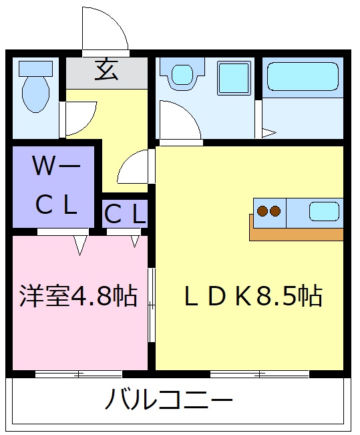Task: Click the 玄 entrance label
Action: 107,70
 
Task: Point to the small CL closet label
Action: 124,214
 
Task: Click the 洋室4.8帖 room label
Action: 78,295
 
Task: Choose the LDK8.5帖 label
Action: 253,295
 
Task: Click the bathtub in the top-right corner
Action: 303,77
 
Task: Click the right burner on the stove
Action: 275,211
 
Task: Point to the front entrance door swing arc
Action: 107,30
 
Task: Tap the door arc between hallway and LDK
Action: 136,167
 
